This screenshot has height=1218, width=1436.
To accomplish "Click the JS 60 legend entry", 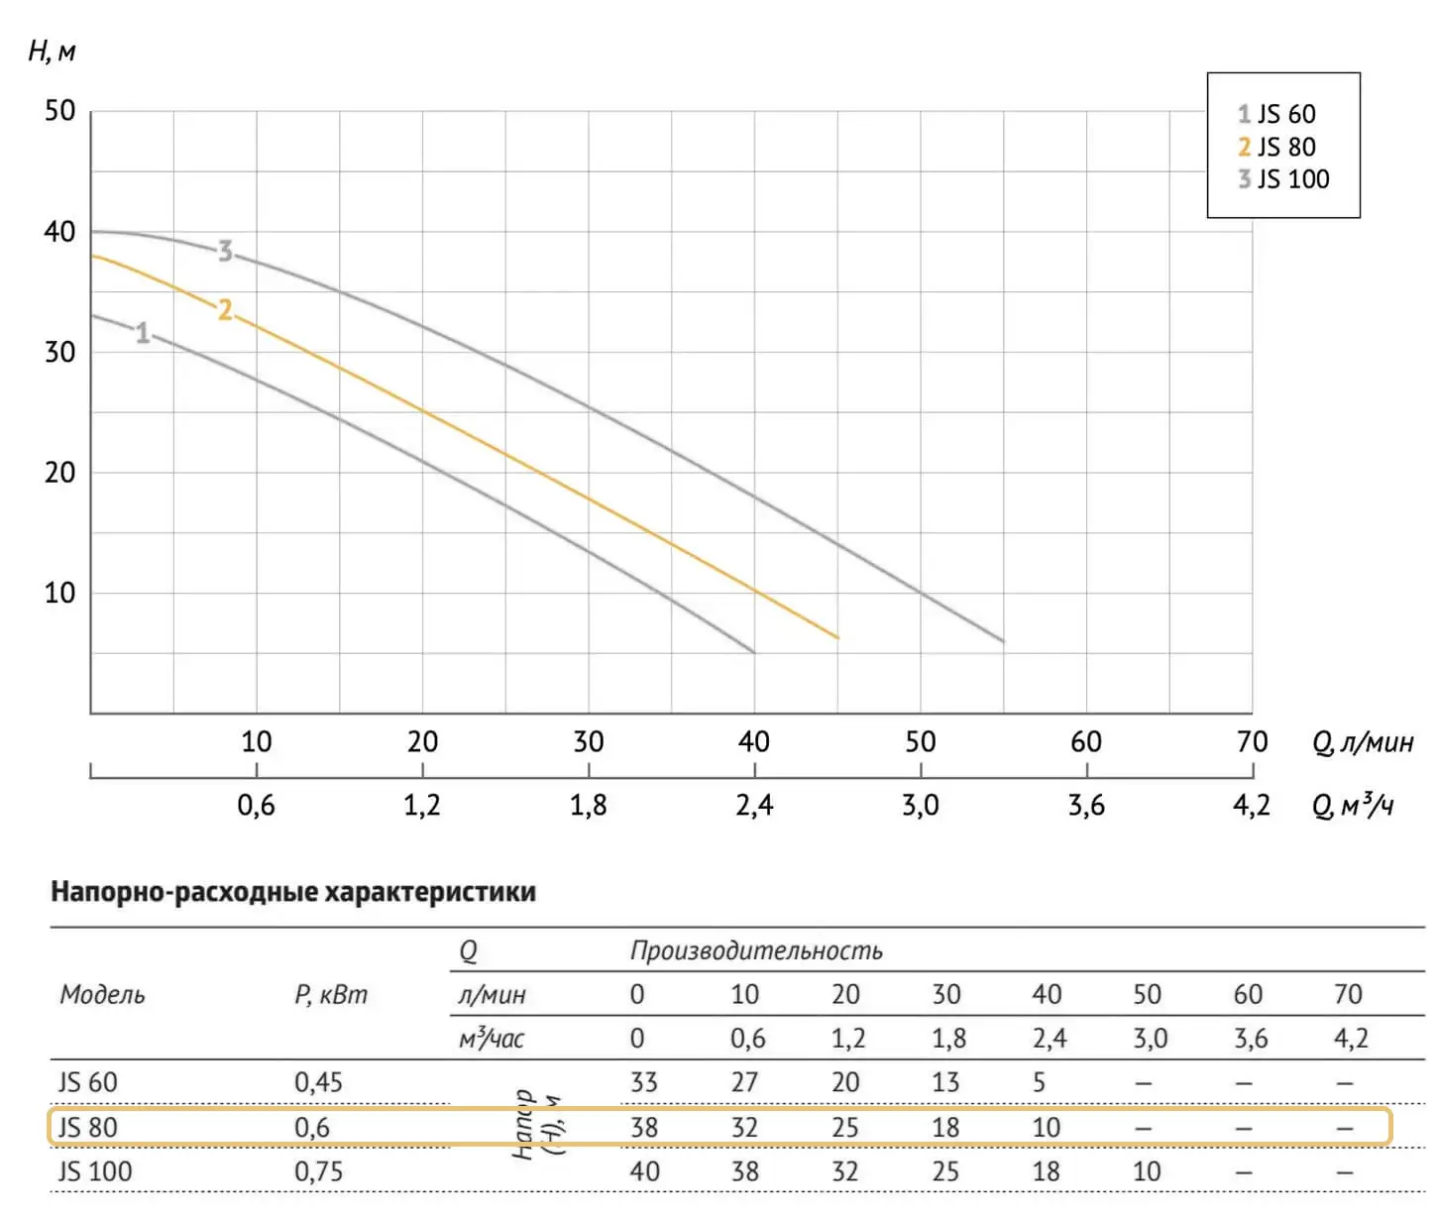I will click(1276, 114).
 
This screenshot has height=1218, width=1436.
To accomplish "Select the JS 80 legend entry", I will click(1276, 147).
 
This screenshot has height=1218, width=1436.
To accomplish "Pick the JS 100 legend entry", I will click(1282, 179).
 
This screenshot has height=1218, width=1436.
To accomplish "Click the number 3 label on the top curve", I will click(226, 252).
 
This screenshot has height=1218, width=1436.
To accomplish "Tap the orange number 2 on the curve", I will click(225, 310).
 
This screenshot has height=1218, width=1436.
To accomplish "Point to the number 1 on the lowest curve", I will click(143, 333).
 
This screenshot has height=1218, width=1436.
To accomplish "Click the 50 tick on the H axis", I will click(59, 110).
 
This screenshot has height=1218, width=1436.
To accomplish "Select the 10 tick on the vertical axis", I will click(59, 593).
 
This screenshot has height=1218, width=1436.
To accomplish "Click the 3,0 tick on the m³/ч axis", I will click(920, 805).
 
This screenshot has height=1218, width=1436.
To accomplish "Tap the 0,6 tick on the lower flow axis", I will click(256, 805).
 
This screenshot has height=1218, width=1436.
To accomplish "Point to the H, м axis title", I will click(52, 52).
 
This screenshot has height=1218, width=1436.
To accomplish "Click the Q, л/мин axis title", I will click(1363, 742).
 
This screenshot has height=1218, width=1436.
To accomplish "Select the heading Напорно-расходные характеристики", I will click(293, 892).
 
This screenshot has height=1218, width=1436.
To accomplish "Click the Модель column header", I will click(102, 994).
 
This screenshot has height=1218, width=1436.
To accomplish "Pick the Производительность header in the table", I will click(756, 950).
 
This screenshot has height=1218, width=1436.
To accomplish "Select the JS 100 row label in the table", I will click(94, 1171).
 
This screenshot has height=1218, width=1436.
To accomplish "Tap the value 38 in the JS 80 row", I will click(644, 1127).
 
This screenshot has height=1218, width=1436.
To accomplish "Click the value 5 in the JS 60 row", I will click(1039, 1082).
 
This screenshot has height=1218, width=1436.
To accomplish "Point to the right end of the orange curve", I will click(837, 637).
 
